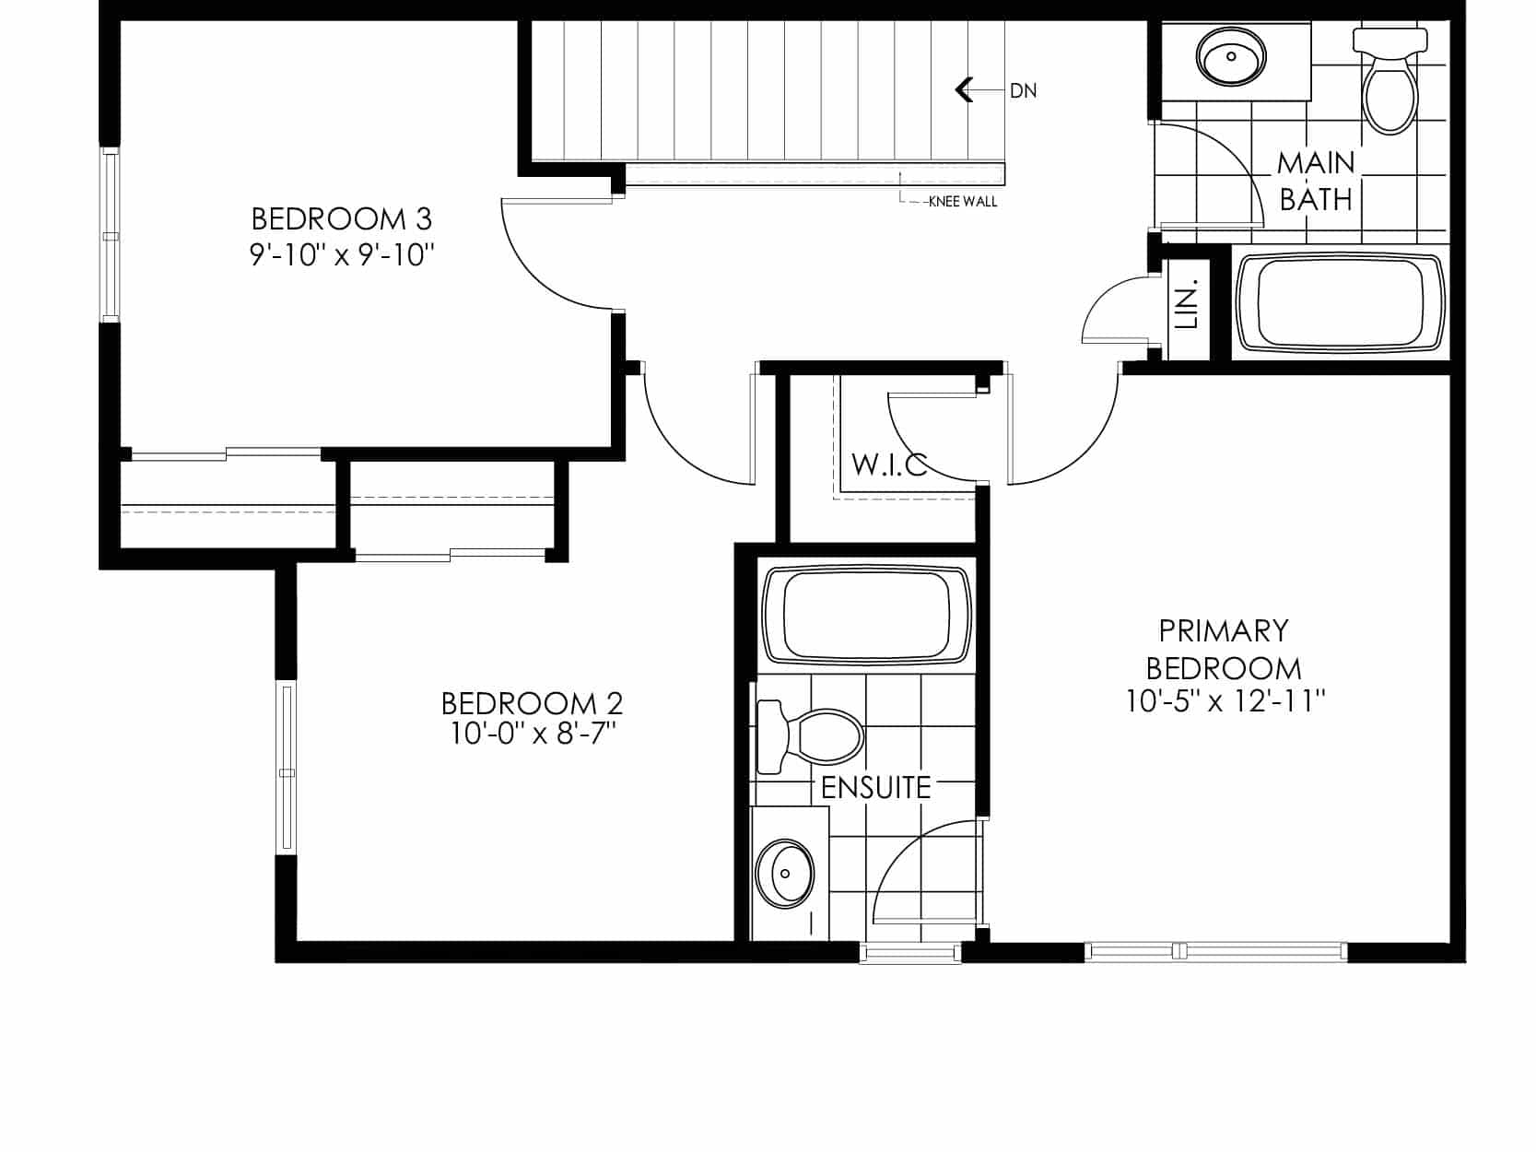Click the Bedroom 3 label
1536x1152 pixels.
pyautogui.click(x=342, y=219)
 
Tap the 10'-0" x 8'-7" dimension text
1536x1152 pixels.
pyautogui.click(x=533, y=734)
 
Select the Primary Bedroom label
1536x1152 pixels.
pyautogui.click(x=1224, y=650)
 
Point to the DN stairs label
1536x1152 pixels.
pyautogui.click(x=1023, y=91)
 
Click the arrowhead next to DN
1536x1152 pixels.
pyautogui.click(x=965, y=89)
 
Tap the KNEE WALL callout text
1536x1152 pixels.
pyautogui.click(x=963, y=202)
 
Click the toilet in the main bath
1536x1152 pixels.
pyautogui.click(x=1389, y=80)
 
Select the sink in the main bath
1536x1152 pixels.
pyautogui.click(x=1232, y=56)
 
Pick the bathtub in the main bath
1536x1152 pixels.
pyautogui.click(x=1340, y=302)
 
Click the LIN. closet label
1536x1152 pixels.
pyautogui.click(x=1188, y=304)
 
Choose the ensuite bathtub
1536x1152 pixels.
pyautogui.click(x=866, y=615)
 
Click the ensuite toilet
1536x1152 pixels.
pyautogui.click(x=810, y=737)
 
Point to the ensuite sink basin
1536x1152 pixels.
pyautogui.click(x=785, y=874)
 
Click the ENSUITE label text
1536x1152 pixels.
pyautogui.click(x=875, y=788)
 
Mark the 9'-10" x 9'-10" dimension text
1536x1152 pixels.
pyautogui.click(x=342, y=254)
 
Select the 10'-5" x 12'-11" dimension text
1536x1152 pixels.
pyautogui.click(x=1225, y=700)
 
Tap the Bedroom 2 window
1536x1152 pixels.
pyautogui.click(x=287, y=767)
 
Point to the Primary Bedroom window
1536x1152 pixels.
pyautogui.click(x=1215, y=951)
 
